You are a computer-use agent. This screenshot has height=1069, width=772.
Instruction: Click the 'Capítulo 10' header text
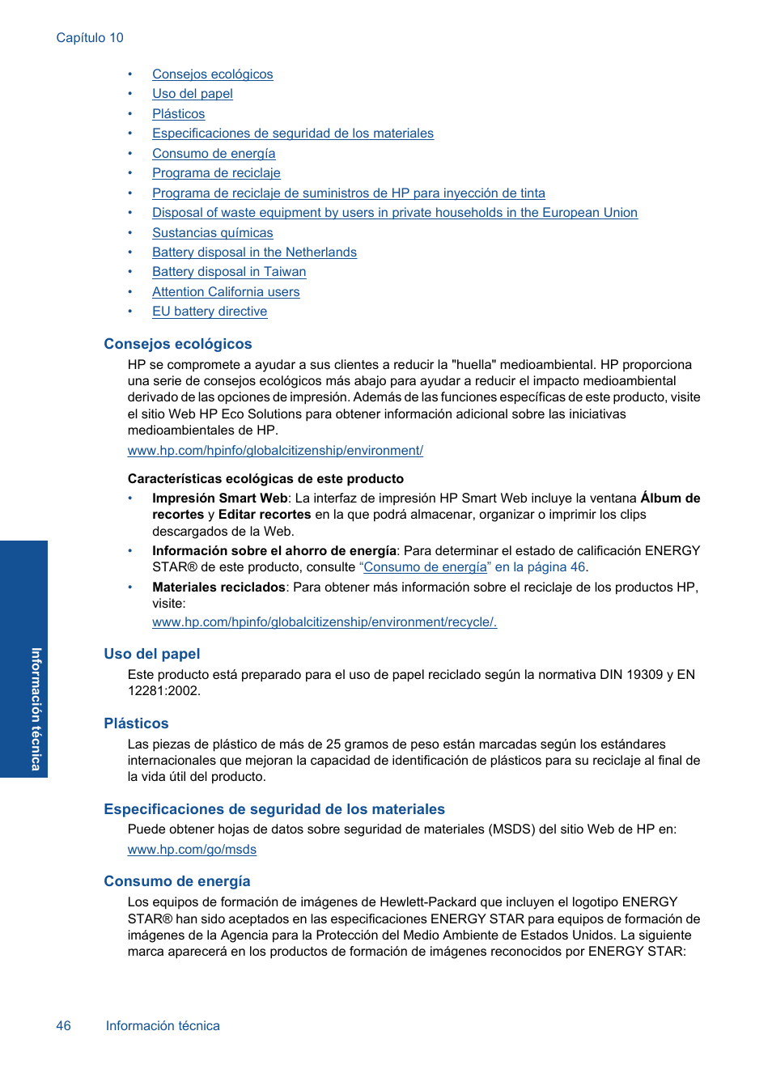pyautogui.click(x=90, y=38)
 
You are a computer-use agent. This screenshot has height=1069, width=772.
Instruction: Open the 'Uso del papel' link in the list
pyautogui.click(x=193, y=94)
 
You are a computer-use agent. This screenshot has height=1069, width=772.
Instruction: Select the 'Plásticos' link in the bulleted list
pyautogui.click(x=178, y=114)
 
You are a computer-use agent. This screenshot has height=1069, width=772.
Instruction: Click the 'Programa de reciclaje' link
pyautogui.click(x=216, y=173)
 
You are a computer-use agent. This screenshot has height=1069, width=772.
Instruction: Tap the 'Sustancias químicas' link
pyautogui.click(x=212, y=233)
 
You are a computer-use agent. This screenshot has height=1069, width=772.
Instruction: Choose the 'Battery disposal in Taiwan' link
pyautogui.click(x=229, y=272)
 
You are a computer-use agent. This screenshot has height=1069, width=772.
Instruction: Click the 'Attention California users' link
pyautogui.click(x=226, y=292)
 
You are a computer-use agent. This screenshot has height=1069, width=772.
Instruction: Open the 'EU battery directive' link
pyautogui.click(x=210, y=312)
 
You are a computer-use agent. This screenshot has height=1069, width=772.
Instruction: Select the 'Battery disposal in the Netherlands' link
pyautogui.click(x=254, y=252)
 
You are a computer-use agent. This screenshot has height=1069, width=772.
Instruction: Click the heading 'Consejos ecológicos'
pyautogui.click(x=178, y=344)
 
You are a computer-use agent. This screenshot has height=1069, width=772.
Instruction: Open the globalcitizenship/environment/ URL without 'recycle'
pyautogui.click(x=275, y=451)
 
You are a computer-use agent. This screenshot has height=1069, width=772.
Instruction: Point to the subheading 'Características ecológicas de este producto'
pyautogui.click(x=265, y=479)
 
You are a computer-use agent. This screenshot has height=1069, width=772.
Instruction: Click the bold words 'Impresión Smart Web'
pyautogui.click(x=219, y=498)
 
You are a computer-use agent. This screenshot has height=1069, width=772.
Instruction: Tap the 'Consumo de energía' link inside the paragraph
pyautogui.click(x=425, y=567)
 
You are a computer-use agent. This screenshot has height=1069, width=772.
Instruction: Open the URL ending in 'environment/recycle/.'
pyautogui.click(x=324, y=622)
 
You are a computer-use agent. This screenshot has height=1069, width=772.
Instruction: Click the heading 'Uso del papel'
pyautogui.click(x=151, y=654)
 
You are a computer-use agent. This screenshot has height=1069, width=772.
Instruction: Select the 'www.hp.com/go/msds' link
pyautogui.click(x=192, y=850)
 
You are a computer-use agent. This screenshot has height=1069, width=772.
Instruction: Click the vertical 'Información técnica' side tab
pyautogui.click(x=35, y=708)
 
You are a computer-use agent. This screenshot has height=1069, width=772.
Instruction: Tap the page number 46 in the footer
pyautogui.click(x=63, y=1026)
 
